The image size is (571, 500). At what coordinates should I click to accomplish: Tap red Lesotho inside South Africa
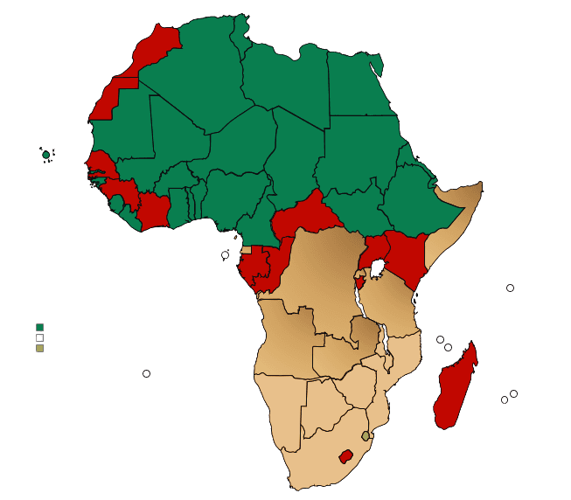tap(347, 456)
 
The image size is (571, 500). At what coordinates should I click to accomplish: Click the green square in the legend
tap(39, 327)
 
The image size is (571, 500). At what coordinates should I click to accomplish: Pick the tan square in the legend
tap(39, 348)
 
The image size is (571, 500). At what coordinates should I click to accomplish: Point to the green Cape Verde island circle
tap(46, 156)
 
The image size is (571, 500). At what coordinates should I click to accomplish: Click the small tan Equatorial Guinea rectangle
tap(246, 250)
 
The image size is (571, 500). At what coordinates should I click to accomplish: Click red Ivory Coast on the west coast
tap(154, 210)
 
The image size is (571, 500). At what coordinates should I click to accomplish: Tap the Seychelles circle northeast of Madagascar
tap(510, 288)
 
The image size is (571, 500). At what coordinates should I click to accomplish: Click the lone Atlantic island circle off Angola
tap(146, 374)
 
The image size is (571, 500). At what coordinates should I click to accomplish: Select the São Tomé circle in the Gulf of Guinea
tap(225, 255)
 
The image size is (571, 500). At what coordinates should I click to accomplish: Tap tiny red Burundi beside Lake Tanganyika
tap(359, 283)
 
